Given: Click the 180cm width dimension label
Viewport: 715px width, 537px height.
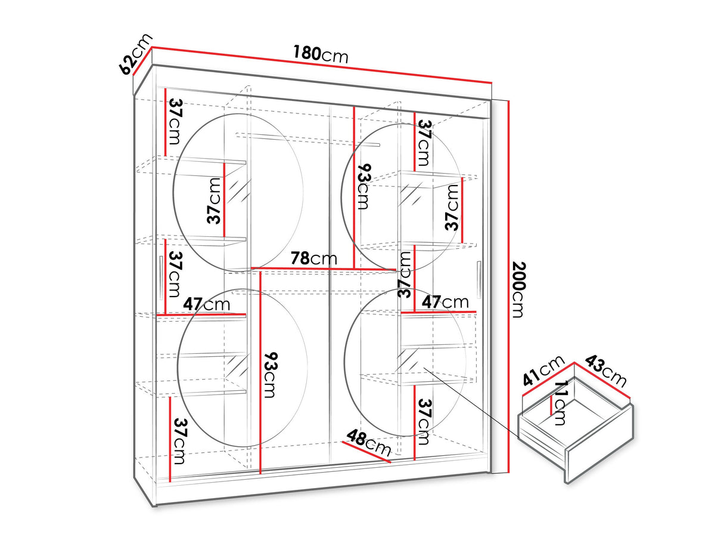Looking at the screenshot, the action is (x=321, y=54).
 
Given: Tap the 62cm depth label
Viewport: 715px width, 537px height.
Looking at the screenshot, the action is (x=135, y=54).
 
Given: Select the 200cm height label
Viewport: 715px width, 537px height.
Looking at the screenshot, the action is (x=518, y=289).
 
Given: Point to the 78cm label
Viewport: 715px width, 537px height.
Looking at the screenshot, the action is (x=313, y=258).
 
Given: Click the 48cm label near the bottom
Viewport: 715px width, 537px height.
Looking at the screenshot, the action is (x=368, y=443).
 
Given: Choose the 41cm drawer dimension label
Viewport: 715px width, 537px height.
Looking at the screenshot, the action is (x=543, y=371).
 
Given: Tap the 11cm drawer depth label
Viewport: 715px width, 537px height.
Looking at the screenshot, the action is (x=561, y=403).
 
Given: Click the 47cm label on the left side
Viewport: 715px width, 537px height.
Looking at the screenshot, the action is (x=207, y=304).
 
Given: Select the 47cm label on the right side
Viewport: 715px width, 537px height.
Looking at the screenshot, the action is (x=445, y=302).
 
